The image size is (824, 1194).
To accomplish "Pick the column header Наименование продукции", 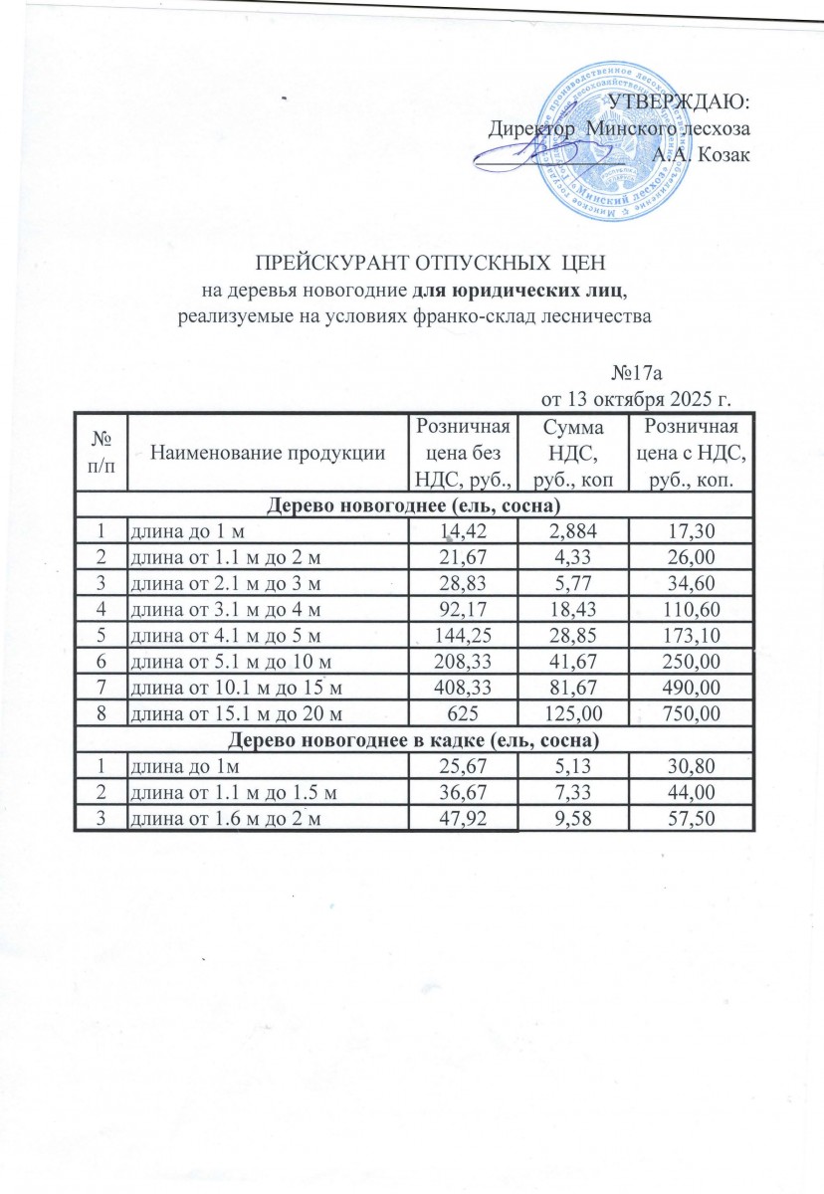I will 268,453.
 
